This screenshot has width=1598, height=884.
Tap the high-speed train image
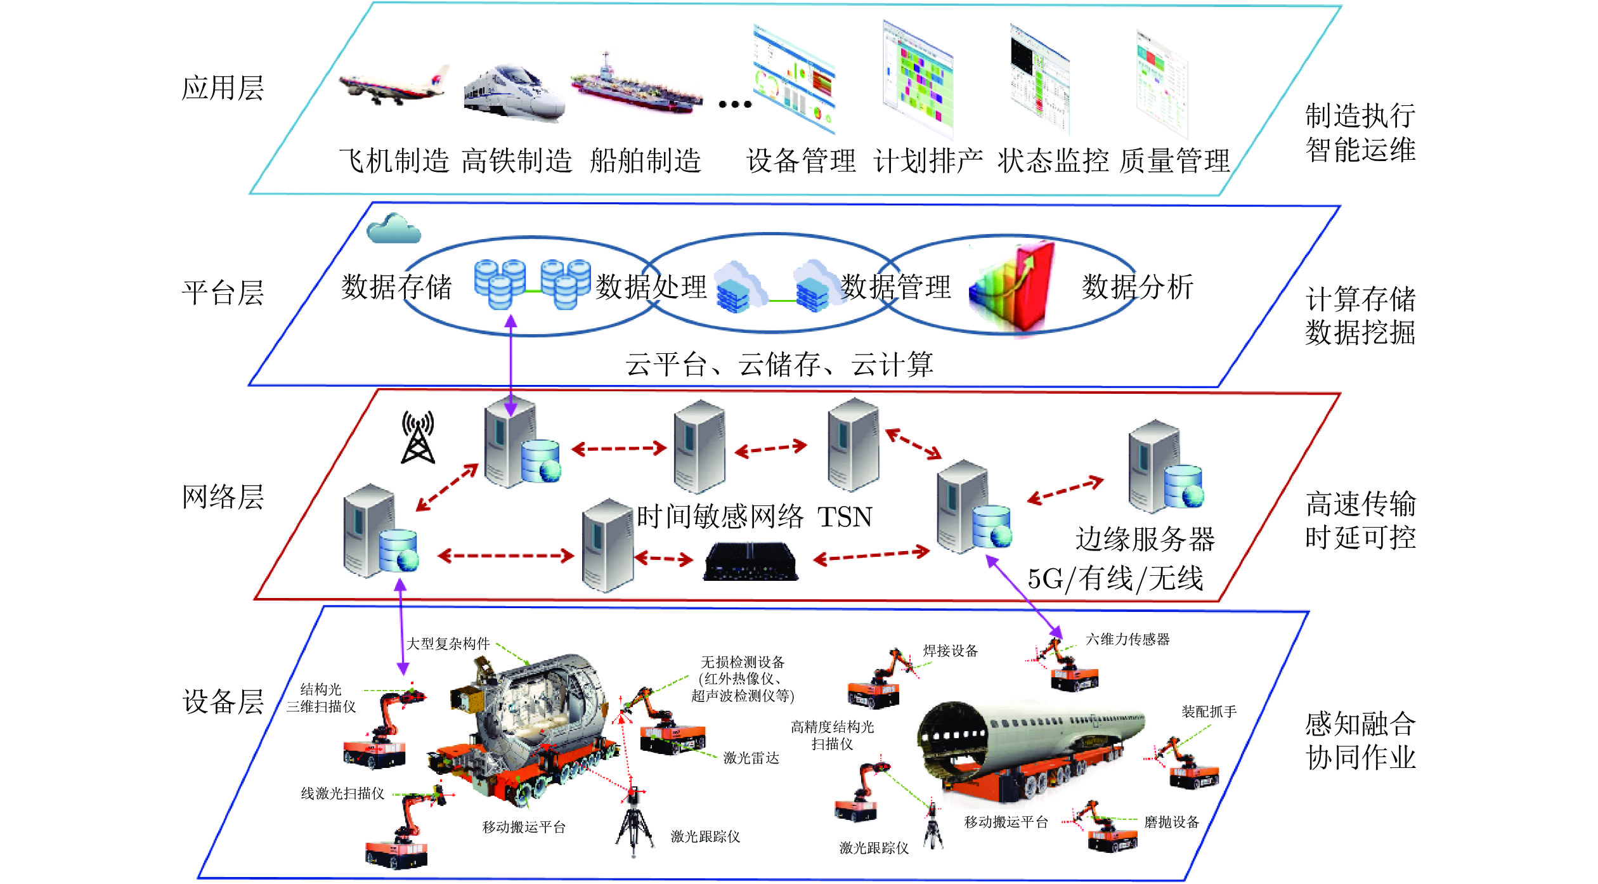(514, 92)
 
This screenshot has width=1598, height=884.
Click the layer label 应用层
(223, 88)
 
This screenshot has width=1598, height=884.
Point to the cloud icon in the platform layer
(393, 229)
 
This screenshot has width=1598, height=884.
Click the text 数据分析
(1138, 287)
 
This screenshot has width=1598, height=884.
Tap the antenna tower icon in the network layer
(418, 437)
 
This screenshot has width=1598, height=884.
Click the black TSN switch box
(751, 562)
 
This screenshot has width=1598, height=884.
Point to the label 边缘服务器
(1145, 540)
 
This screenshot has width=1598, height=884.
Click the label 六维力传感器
(1127, 639)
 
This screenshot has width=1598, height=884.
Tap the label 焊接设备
(950, 651)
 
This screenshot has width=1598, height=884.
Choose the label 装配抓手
(1209, 712)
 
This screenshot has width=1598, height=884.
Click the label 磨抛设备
(1171, 822)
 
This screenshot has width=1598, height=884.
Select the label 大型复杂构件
(448, 644)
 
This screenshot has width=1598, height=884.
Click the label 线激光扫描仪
(342, 793)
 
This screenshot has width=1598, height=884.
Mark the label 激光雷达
(751, 758)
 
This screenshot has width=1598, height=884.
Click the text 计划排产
(928, 161)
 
